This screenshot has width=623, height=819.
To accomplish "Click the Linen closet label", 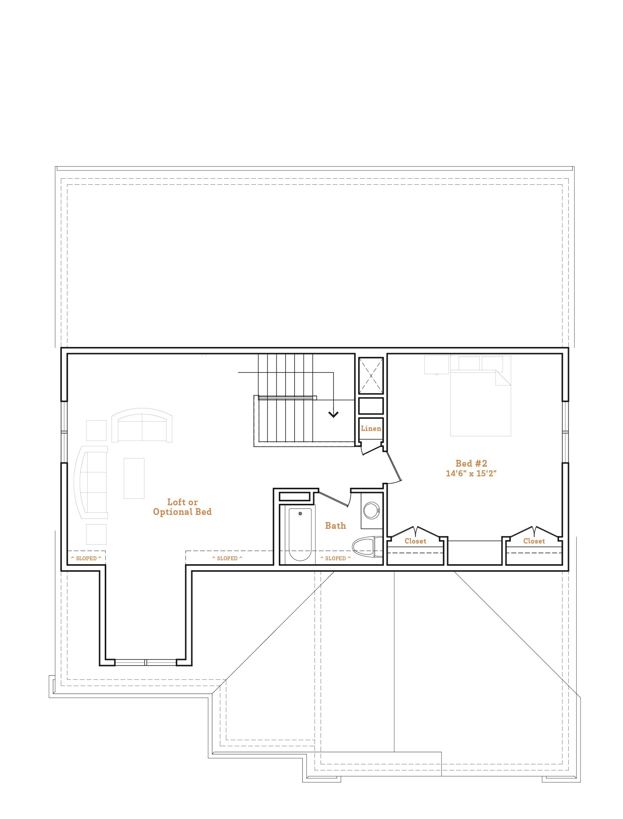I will coord(371,428).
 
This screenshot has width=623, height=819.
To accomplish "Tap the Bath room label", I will coord(335,526).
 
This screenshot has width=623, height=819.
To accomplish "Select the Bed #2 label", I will coord(471,463).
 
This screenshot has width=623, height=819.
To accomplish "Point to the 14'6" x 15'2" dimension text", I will coord(471,473).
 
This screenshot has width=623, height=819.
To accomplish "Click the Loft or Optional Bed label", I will coord(182,507).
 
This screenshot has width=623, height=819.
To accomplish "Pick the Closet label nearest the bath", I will coord(415,541).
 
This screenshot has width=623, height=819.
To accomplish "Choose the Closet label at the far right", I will coord(534,541).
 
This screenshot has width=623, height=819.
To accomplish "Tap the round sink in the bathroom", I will coord(371,511).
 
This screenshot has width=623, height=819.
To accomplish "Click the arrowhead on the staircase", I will coord(333,415).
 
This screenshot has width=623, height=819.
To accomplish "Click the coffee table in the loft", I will coord(134,478).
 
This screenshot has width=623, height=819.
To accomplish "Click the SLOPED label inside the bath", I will coord(335,559).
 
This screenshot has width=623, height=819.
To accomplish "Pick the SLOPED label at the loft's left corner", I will coord(86,559).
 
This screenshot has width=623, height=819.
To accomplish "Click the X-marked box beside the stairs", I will coord(371,376).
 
